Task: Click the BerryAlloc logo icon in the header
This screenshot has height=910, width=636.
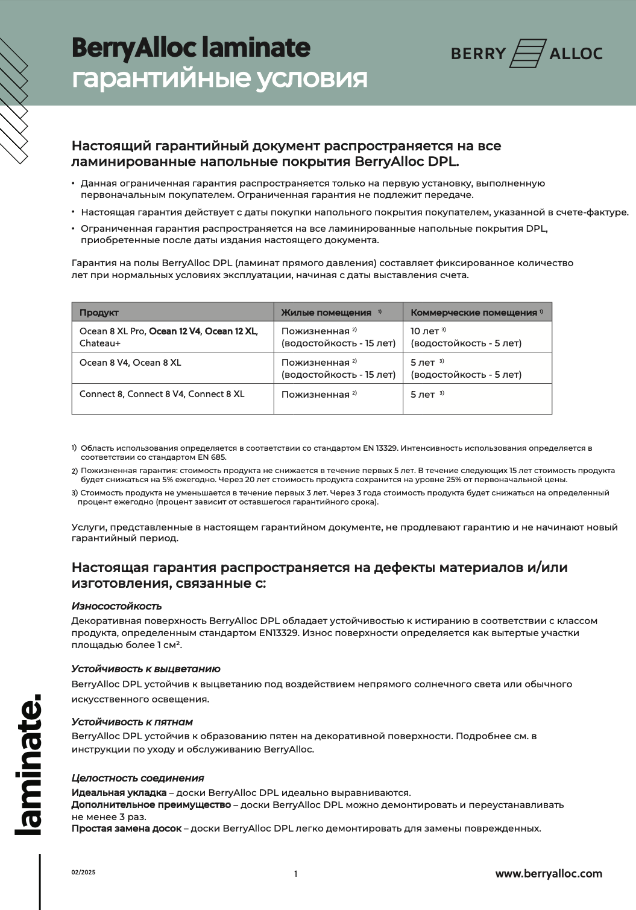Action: point(527,53)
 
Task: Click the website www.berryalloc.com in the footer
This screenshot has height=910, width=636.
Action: point(549,873)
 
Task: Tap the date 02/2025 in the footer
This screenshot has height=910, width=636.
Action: point(83,873)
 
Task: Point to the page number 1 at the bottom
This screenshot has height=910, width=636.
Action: point(295,874)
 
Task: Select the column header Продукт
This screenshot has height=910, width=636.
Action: point(99,313)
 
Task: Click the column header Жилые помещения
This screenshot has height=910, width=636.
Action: point(326,313)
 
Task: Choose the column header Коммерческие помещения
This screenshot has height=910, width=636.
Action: point(473,313)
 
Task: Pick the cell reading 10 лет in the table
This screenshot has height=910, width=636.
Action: point(425,331)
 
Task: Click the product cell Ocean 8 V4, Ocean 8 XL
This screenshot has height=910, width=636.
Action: point(130,363)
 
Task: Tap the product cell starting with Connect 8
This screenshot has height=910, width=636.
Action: point(162,394)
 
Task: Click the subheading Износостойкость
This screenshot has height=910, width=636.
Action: point(116,606)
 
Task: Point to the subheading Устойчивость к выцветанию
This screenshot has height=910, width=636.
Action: point(145,669)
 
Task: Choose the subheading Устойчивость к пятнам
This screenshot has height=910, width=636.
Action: point(132,722)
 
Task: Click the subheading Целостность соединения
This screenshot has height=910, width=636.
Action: point(137,778)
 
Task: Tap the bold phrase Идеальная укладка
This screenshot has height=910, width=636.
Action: point(119,792)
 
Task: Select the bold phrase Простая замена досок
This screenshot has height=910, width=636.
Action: point(126,829)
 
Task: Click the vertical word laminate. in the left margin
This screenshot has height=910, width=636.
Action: point(29,765)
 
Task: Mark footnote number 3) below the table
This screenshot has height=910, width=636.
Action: point(74,493)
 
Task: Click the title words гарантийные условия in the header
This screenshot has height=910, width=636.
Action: point(219,78)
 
